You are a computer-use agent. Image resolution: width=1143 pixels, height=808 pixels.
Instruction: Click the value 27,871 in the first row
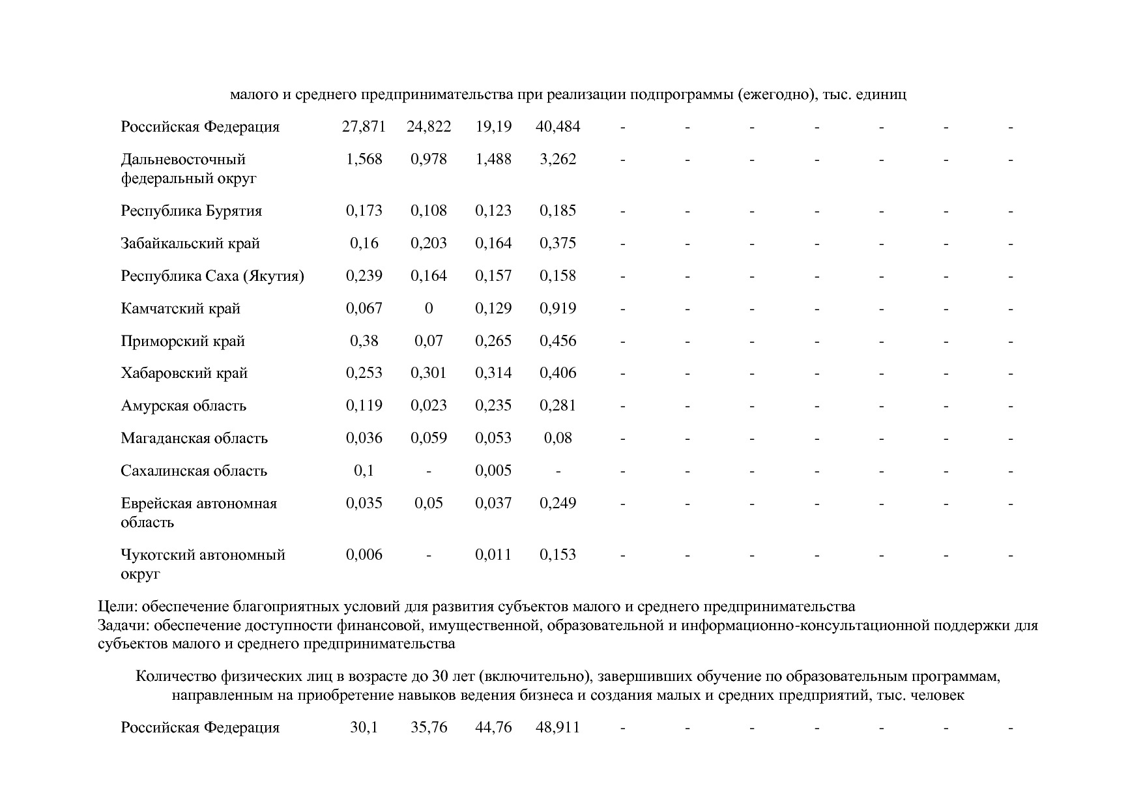click(364, 127)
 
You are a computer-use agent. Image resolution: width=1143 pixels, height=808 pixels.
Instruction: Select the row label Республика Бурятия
click(191, 211)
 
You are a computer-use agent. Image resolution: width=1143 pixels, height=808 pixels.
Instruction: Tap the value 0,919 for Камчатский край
click(558, 308)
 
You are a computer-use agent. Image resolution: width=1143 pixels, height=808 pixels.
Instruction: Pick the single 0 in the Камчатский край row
click(429, 308)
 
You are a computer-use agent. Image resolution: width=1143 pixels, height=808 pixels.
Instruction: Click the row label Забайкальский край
click(190, 244)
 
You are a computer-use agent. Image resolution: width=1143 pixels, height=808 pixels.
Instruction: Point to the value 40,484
click(558, 127)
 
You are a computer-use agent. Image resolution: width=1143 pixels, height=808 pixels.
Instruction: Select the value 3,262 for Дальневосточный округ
click(558, 160)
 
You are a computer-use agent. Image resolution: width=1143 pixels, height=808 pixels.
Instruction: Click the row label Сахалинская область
click(194, 471)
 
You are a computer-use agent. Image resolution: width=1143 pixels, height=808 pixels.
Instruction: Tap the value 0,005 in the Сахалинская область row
click(493, 470)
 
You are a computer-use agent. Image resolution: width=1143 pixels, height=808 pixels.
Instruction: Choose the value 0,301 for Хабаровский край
click(429, 373)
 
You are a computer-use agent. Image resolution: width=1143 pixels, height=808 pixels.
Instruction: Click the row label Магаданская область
click(194, 439)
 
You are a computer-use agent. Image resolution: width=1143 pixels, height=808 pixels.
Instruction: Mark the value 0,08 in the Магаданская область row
click(558, 438)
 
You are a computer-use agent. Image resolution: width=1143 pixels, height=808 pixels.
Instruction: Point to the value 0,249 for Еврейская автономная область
click(558, 503)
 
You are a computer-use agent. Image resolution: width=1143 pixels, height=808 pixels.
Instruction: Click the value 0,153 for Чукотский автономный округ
click(558, 555)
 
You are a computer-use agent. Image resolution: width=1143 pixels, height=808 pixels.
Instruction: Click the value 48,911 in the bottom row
click(558, 728)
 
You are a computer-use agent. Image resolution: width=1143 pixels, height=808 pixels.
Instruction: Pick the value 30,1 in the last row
click(364, 728)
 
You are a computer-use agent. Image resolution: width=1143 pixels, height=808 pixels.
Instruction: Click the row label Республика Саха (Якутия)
click(212, 276)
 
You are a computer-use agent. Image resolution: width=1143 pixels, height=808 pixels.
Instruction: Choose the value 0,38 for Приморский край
click(364, 341)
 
